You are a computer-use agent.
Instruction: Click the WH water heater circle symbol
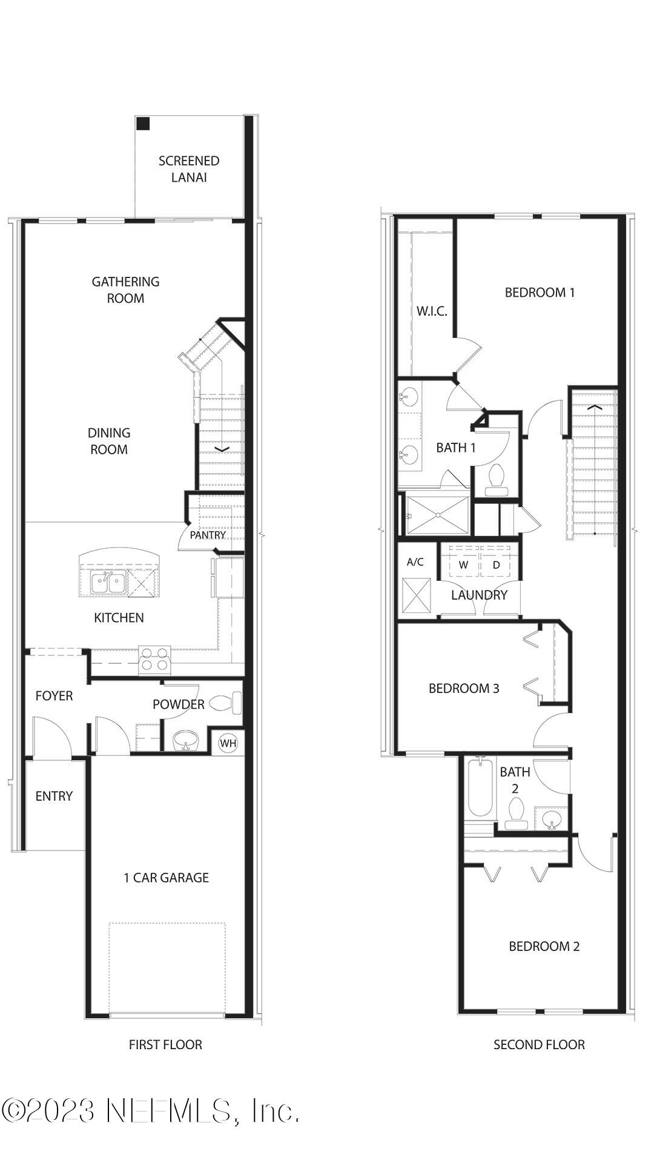click(228, 743)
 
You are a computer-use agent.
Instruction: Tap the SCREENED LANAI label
click(189, 169)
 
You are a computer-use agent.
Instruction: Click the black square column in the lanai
click(143, 124)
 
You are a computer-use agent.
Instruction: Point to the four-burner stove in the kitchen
click(154, 659)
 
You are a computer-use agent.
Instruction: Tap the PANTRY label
click(207, 535)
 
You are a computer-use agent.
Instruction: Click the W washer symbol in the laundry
click(464, 565)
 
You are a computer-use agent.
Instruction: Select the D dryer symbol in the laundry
click(497, 565)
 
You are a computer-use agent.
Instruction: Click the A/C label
click(415, 562)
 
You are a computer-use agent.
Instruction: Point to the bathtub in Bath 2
click(481, 788)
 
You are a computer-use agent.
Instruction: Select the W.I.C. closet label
click(432, 311)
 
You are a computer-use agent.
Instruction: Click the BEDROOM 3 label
click(464, 688)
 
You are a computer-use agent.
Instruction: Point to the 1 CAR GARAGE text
click(166, 878)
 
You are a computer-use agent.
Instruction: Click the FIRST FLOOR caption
click(165, 1044)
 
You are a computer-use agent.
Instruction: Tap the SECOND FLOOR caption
click(539, 1044)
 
